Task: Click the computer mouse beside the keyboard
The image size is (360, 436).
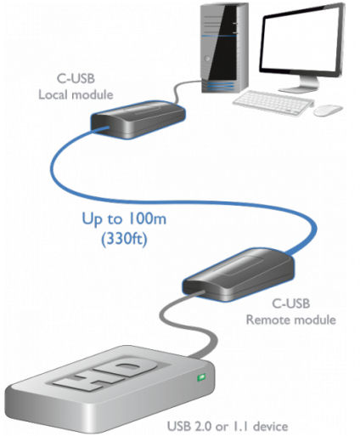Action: click(328, 110)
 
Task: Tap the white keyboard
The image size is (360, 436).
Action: click(273, 102)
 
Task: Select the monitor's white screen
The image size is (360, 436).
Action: click(301, 41)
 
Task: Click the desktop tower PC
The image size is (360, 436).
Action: click(224, 48)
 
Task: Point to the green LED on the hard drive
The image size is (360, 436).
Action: click(201, 377)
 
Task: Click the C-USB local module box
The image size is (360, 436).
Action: click(138, 119)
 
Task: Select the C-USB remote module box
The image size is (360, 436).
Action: click(238, 275)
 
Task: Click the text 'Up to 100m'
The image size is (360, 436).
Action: click(124, 219)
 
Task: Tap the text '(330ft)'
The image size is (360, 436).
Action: click(125, 239)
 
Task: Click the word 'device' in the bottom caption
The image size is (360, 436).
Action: click(271, 427)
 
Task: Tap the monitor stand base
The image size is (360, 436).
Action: click(299, 89)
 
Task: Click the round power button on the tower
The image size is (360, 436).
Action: click(207, 59)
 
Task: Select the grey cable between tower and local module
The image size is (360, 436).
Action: click(182, 88)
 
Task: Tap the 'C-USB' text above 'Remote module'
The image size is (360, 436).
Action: click(291, 303)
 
